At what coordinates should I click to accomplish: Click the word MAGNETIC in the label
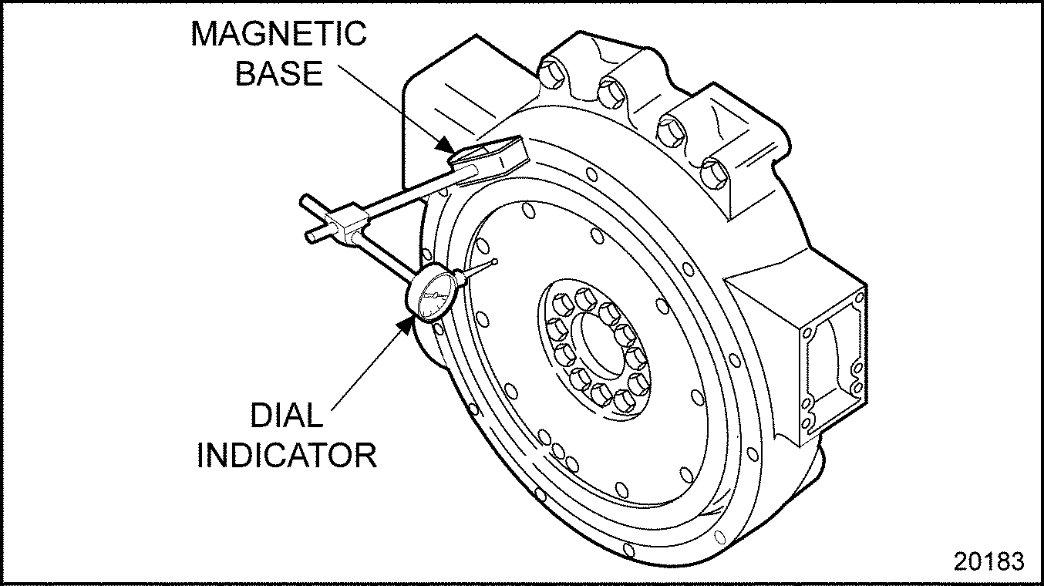pyautogui.click(x=278, y=35)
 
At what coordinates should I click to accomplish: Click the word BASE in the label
pyautogui.click(x=278, y=73)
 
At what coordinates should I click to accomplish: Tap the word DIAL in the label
pyautogui.click(x=286, y=416)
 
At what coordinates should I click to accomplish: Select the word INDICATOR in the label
pyautogui.click(x=287, y=454)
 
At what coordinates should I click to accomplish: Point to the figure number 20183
pyautogui.click(x=989, y=561)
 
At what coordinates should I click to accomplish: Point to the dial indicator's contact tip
pyautogui.click(x=494, y=262)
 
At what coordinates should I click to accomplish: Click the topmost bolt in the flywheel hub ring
pyautogui.click(x=584, y=298)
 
